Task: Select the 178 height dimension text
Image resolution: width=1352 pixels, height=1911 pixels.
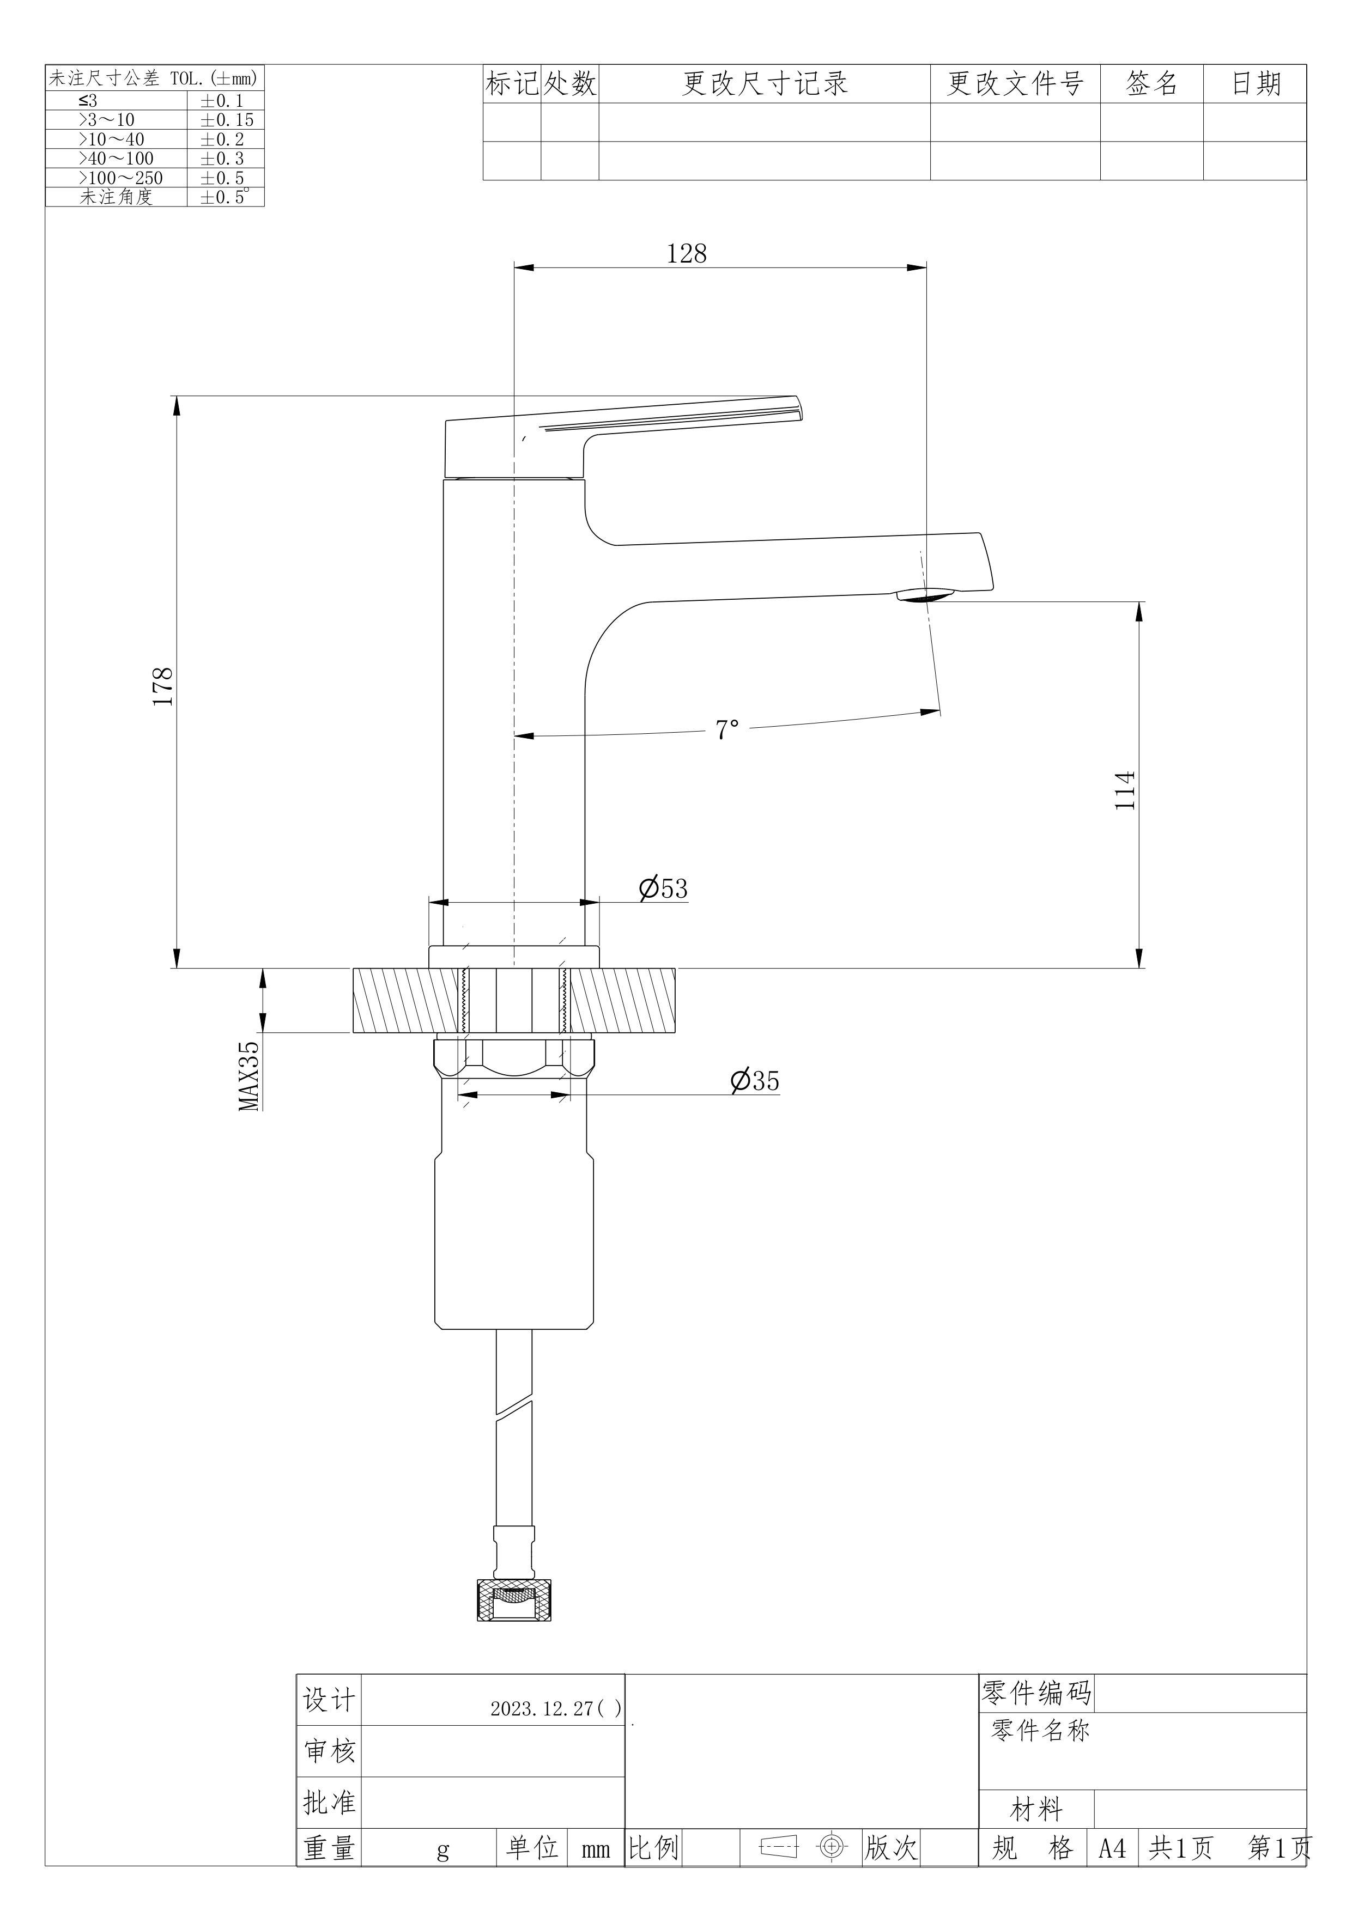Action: coord(162,686)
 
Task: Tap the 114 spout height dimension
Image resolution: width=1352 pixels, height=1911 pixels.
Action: coord(1125,790)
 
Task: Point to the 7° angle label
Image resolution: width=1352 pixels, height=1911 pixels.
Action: coord(727,730)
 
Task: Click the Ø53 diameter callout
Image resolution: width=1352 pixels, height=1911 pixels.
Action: coord(664,888)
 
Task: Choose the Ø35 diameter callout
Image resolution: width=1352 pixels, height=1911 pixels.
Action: coord(755,1080)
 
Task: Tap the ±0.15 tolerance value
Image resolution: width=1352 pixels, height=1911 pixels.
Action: coord(227,120)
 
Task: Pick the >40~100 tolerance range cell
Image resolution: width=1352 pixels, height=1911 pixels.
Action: coord(117,158)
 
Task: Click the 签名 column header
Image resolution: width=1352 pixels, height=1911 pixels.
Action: coord(1152,83)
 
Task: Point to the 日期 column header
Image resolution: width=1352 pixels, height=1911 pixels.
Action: coord(1256,83)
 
